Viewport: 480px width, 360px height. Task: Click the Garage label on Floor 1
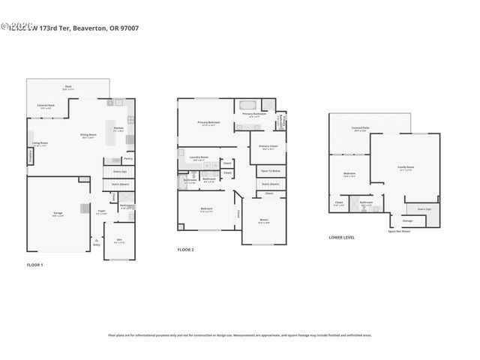(58, 214)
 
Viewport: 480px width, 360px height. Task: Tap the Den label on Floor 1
(119, 240)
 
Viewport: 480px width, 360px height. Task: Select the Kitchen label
(118, 128)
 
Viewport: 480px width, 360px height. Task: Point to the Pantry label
(128, 158)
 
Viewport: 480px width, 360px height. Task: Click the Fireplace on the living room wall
(31, 156)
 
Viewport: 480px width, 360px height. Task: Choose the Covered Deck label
(46, 106)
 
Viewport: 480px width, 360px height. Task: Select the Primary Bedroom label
(207, 122)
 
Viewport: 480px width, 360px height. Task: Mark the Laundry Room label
(199, 157)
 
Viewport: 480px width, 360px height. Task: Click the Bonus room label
(263, 220)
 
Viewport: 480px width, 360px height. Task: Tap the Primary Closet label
(268, 146)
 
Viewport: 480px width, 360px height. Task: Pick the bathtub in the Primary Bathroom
(247, 105)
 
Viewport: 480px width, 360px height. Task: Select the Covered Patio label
(360, 128)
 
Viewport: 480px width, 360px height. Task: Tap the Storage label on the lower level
(407, 220)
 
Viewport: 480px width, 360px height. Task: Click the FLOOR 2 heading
(185, 249)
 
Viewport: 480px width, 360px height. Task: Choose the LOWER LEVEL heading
(341, 237)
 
